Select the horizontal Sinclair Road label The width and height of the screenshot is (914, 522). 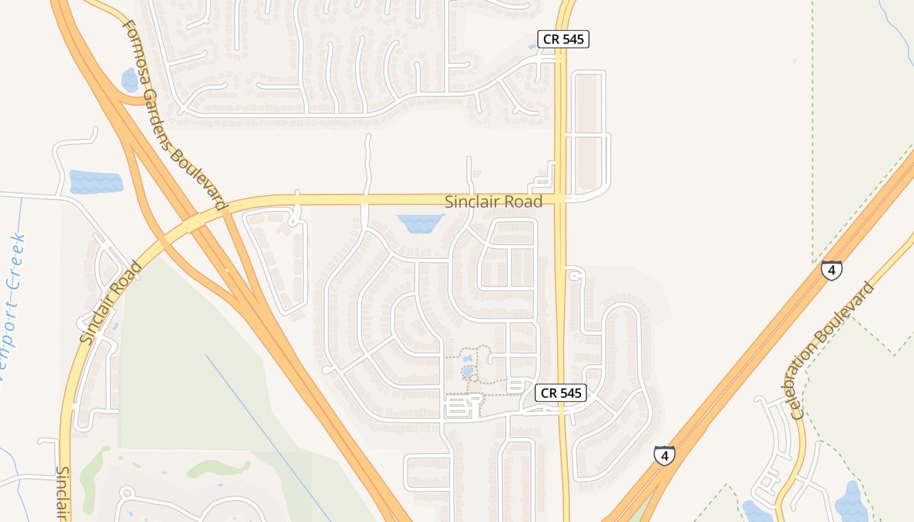coord(494,202)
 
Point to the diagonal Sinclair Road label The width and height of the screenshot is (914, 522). coord(110,302)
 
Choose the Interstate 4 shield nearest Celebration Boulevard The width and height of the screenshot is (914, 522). coord(831,269)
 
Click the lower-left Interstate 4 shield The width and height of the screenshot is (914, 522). coord(664,455)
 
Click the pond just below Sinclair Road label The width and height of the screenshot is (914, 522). coord(420,223)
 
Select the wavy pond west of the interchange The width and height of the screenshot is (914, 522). coord(96,182)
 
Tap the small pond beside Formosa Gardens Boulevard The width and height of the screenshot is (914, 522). coord(129,80)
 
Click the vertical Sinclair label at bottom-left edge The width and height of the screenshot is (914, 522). coord(63,493)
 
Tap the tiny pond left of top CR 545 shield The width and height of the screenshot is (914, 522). coord(532,46)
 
